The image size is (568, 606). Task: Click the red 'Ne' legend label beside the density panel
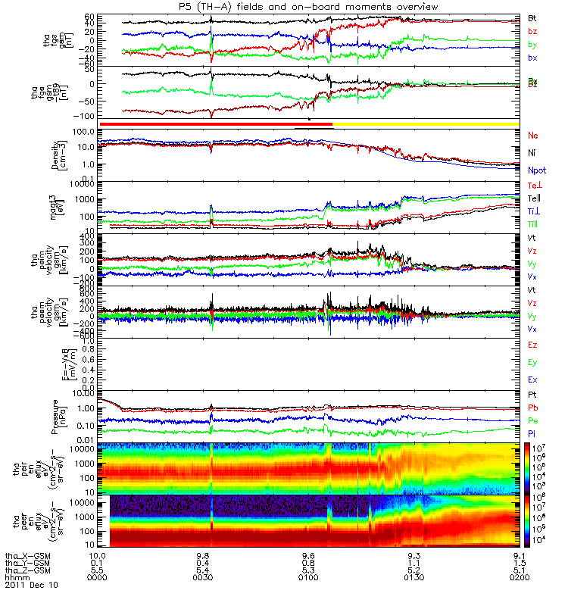pos(533,135)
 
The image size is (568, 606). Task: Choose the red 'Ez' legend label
pos(533,345)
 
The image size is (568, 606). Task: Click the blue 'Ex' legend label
pos(533,380)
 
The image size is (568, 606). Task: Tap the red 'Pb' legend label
pos(533,408)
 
